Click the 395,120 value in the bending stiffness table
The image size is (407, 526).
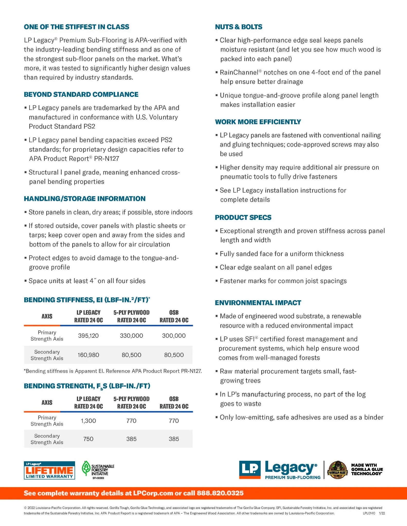tap(88, 335)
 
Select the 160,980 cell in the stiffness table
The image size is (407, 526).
tap(88, 355)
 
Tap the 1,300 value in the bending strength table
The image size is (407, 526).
tap(88, 421)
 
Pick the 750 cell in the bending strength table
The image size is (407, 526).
tap(88, 439)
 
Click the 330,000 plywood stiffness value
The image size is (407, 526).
tap(131, 335)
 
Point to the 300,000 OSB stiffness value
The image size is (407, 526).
tap(174, 335)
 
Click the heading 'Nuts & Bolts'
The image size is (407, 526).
tap(239, 27)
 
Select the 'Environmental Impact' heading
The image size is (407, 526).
tap(258, 303)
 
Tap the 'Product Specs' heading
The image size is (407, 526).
tap(243, 217)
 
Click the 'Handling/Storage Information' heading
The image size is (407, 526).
tap(85, 199)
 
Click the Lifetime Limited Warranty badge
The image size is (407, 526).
tap(49, 470)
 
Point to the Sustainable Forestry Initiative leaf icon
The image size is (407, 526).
tap(86, 468)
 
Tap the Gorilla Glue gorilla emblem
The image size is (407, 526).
tap(338, 470)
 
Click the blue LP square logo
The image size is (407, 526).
tap(249, 470)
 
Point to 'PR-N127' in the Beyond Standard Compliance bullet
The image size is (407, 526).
tap(106, 158)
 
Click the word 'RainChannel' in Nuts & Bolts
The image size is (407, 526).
tap(239, 72)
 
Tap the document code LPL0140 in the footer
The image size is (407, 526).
tap(369, 513)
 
